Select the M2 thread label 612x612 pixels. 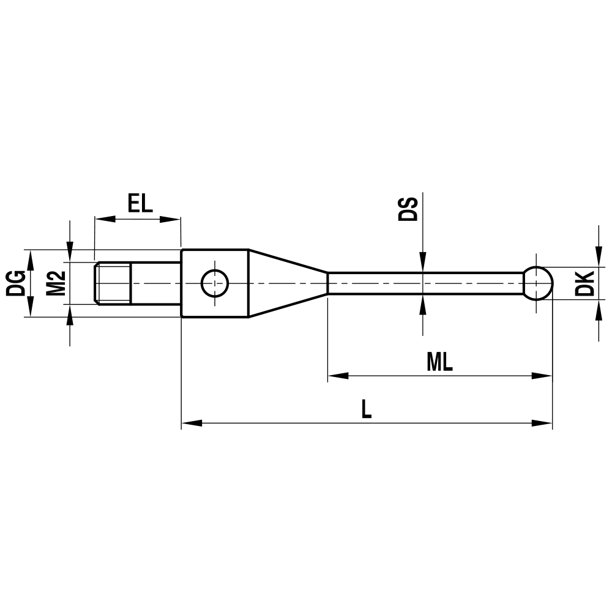pyautogui.click(x=56, y=283)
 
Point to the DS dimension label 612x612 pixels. pyautogui.click(x=408, y=209)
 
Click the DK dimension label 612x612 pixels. pyautogui.click(x=584, y=283)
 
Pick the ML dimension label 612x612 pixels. pyautogui.click(x=439, y=362)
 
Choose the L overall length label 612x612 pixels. pyautogui.click(x=366, y=409)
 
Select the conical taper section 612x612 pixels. pyautogui.click(x=288, y=283)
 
